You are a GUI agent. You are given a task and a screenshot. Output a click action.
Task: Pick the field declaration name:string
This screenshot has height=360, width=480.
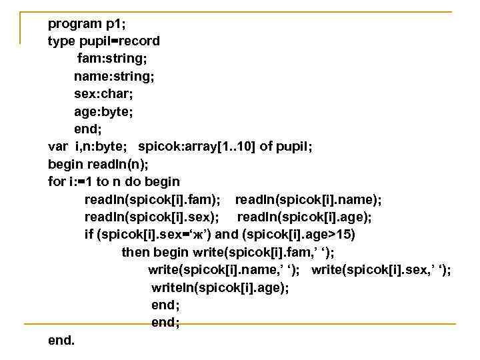[x=114, y=76]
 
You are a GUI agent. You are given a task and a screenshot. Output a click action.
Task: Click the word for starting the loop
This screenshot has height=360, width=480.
[x=57, y=181]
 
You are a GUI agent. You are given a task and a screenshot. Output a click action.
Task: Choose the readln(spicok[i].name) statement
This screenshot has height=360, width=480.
[x=309, y=199]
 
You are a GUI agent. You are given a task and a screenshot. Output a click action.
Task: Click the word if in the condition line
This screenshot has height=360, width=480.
[x=89, y=235]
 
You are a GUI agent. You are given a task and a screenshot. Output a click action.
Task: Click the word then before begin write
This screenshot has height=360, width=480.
[x=135, y=253]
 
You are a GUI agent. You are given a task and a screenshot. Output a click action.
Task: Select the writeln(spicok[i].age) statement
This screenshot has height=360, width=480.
[x=221, y=288]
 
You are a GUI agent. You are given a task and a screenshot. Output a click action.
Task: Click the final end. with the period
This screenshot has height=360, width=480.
[x=61, y=341]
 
